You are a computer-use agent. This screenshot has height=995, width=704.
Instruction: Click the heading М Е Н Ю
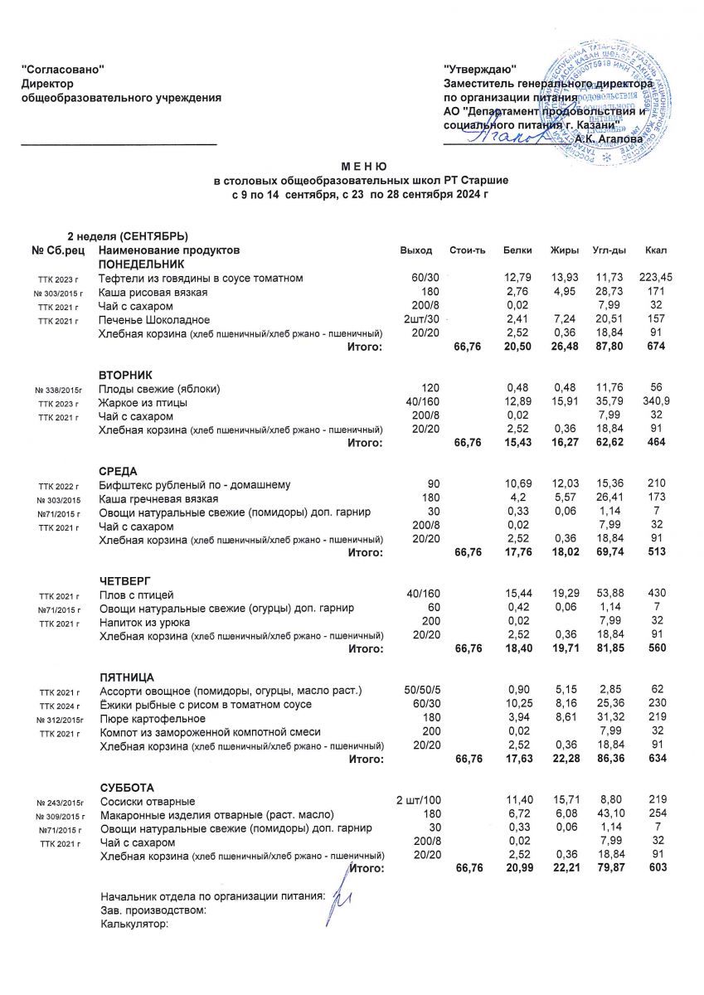[x=352, y=167]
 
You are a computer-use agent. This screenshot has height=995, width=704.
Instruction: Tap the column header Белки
[x=517, y=250]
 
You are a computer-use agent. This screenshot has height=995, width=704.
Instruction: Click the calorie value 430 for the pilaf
[x=658, y=595]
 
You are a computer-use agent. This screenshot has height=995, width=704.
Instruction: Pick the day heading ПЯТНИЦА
[x=127, y=677]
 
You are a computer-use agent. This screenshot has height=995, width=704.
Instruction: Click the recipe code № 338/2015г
[x=60, y=390]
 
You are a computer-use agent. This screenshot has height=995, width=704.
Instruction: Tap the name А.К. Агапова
[x=609, y=139]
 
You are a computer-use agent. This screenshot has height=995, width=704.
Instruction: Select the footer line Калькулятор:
[x=134, y=924]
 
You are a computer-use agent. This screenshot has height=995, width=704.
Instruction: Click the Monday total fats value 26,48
[x=564, y=347]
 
